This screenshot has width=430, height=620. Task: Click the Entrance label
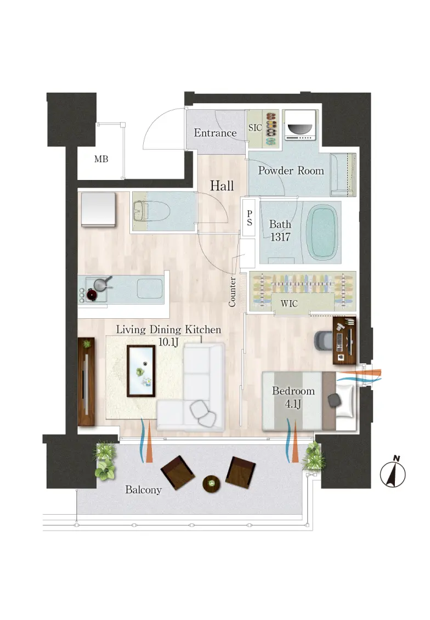tap(215, 133)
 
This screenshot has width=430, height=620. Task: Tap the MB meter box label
tap(101, 159)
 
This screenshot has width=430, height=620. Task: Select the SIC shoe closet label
tap(255, 128)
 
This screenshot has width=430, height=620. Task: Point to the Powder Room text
tap(291, 171)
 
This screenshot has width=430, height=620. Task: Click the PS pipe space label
tap(250, 218)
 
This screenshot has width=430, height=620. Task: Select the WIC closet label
tap(289, 303)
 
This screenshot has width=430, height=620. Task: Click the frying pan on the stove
tap(102, 284)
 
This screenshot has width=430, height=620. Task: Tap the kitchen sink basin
tap(150, 288)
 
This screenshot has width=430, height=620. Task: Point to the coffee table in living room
tap(141, 371)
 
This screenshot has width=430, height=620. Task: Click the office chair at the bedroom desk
tap(324, 340)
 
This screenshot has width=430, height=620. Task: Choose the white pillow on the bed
tap(344, 400)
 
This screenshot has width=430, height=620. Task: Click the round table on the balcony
tap(211, 483)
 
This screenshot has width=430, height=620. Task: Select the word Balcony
tap(144, 490)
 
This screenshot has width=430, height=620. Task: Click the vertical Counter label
tap(232, 292)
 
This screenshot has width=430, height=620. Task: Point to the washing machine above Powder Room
tap(301, 125)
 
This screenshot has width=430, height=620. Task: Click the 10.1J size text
tap(169, 342)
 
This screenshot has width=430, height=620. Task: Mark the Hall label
tap(222, 185)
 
